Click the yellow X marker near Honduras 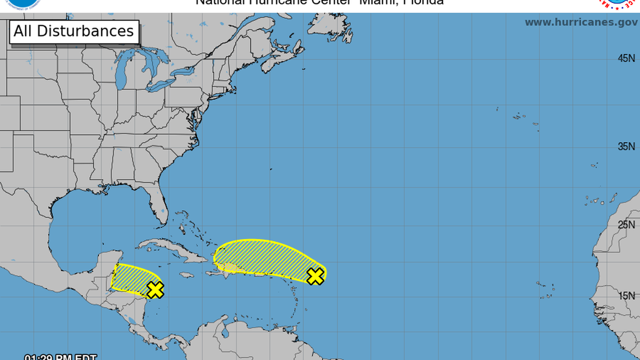155,290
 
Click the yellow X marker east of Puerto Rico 316,276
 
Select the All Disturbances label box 74,31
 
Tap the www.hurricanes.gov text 580,22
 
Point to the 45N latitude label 626,58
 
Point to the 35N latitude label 626,147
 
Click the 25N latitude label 626,225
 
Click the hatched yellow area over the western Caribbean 131,279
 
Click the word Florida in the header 424,2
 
